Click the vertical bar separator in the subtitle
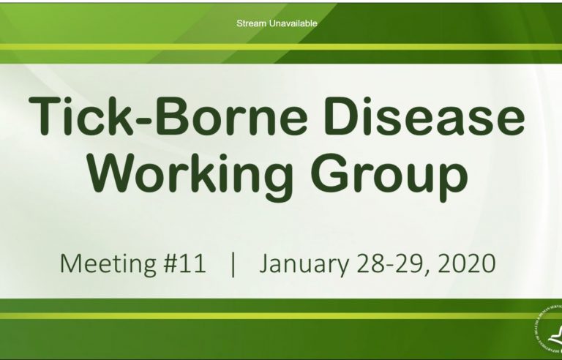pyautogui.click(x=233, y=263)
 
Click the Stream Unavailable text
pyautogui.click(x=277, y=23)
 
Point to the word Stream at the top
pyautogui.click(x=252, y=23)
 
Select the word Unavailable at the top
pyautogui.click(x=293, y=23)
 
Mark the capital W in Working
pyautogui.click(x=120, y=174)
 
